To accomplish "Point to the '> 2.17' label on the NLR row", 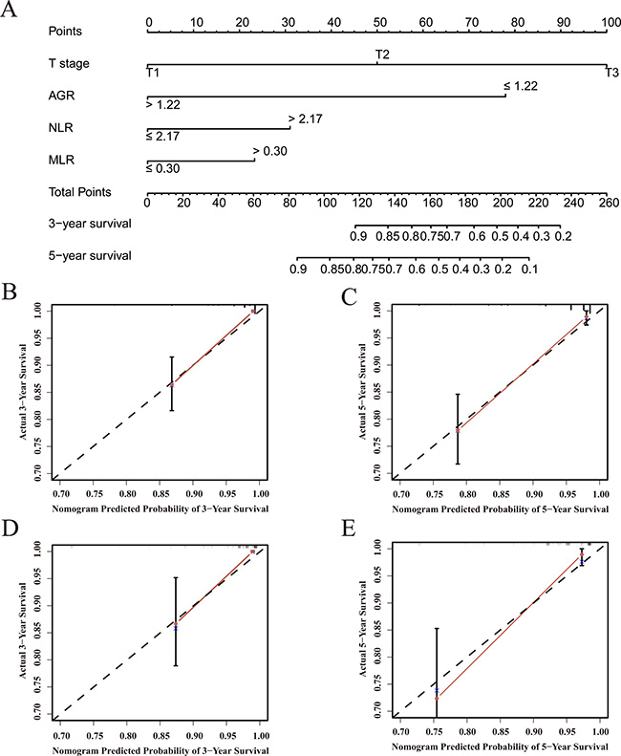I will pos(304,119).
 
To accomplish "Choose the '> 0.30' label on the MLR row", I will pos(269,151).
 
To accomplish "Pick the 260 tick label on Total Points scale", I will pos(610,202).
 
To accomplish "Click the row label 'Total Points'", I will pos(80,192).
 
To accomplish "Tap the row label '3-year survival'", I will pos(90,224).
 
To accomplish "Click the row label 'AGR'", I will pos(61,95).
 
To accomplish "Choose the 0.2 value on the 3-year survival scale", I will pos(564,235).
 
